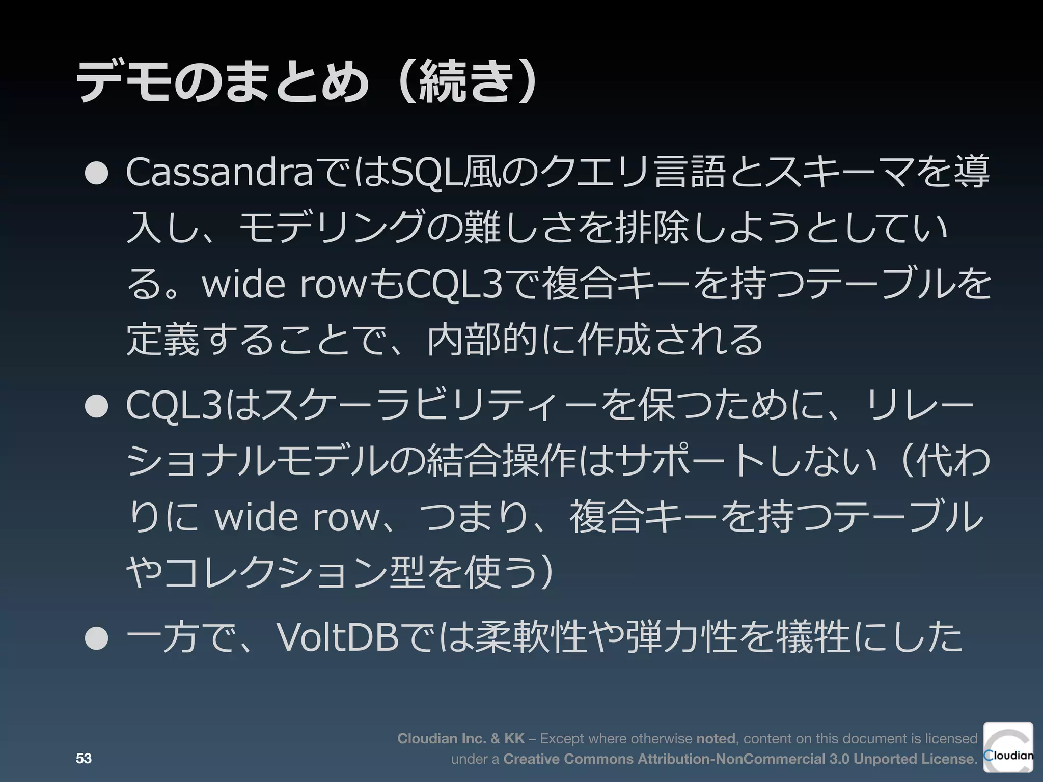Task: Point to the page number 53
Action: (84, 759)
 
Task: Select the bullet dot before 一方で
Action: (97, 639)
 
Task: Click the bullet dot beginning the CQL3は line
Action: (97, 407)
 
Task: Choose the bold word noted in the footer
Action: (715, 739)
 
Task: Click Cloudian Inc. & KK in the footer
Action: (460, 739)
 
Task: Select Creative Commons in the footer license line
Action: (568, 759)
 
